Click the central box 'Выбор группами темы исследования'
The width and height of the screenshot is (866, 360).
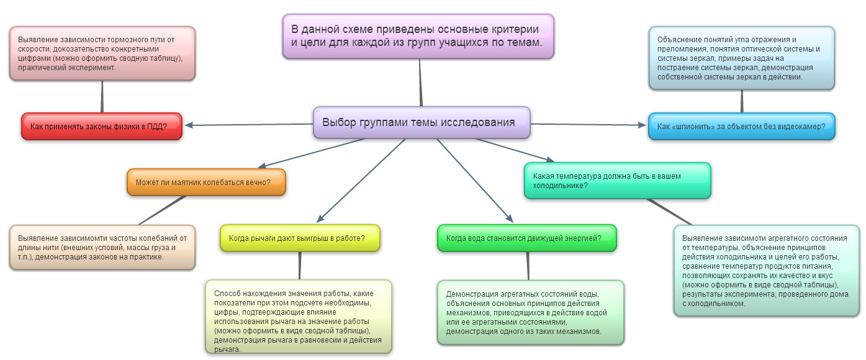click(x=422, y=122)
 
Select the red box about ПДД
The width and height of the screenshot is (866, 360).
click(x=102, y=127)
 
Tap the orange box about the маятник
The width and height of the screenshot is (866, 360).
click(x=206, y=182)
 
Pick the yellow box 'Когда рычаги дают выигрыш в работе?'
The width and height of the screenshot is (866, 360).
click(x=300, y=238)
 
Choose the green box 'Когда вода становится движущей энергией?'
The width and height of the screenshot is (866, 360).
click(x=527, y=238)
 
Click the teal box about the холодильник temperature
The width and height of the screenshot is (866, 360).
click(x=617, y=181)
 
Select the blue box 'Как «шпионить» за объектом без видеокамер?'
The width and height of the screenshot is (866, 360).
click(x=741, y=127)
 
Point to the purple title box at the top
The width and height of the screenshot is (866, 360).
click(x=418, y=37)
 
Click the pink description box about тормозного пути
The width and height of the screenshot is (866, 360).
click(x=102, y=53)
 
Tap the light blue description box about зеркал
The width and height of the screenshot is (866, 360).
click(x=741, y=58)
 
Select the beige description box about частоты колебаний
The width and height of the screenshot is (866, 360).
click(x=102, y=247)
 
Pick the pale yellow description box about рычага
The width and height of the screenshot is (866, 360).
click(x=299, y=317)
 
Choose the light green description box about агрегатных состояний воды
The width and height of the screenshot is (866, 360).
click(x=530, y=312)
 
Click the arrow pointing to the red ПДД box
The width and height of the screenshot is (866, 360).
click(x=248, y=125)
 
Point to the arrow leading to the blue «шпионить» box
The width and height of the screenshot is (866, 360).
click(x=590, y=125)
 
